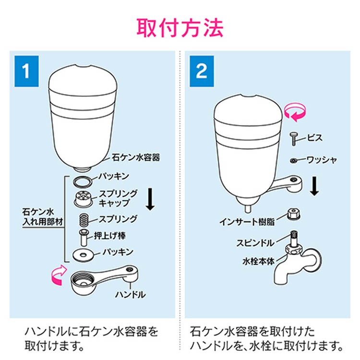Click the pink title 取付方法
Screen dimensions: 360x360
click(x=180, y=28)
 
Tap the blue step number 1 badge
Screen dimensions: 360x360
click(x=26, y=71)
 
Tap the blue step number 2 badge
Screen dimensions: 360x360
click(x=202, y=71)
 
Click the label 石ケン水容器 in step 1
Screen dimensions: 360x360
click(x=136, y=157)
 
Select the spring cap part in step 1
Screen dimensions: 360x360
click(x=83, y=198)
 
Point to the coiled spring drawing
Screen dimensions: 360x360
click(x=84, y=219)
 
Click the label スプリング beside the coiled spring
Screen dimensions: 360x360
click(x=118, y=219)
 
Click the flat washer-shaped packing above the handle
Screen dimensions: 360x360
click(x=84, y=255)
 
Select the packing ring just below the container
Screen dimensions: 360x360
click(x=83, y=181)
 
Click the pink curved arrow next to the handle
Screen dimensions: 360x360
click(x=59, y=276)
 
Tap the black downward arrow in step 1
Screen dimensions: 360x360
click(x=150, y=199)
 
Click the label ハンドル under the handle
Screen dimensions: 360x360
click(x=131, y=294)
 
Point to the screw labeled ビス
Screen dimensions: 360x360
click(x=294, y=139)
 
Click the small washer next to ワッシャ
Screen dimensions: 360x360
click(x=294, y=160)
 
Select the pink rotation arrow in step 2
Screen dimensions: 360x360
click(x=295, y=112)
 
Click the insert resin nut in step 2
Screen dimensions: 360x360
click(x=294, y=214)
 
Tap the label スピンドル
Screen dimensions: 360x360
click(x=255, y=243)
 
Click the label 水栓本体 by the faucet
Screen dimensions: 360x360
click(x=259, y=261)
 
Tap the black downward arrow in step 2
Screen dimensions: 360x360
click(x=314, y=186)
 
